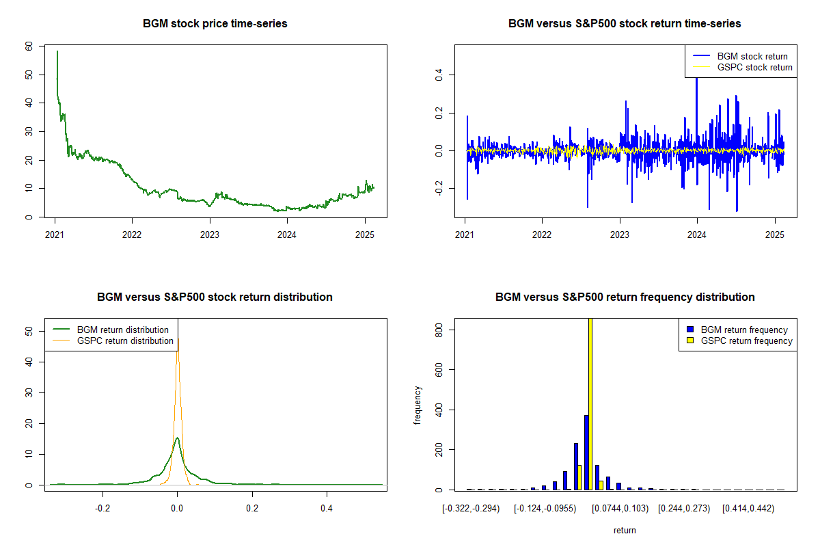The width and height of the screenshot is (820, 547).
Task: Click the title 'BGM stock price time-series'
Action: (215, 24)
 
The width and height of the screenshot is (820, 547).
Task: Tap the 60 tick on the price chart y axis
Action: (28, 46)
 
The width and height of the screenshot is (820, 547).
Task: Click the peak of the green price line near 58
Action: (57, 52)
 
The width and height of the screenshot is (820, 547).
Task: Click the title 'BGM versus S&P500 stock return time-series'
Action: (625, 24)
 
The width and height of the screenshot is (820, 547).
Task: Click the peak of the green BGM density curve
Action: (177, 438)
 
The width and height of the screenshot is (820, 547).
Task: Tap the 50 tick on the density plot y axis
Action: (28, 331)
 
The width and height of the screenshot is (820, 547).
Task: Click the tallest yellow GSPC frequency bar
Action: (590, 403)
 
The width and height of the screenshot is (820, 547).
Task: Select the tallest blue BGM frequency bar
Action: (586, 452)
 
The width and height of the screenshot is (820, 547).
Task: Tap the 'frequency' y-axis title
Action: (418, 405)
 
